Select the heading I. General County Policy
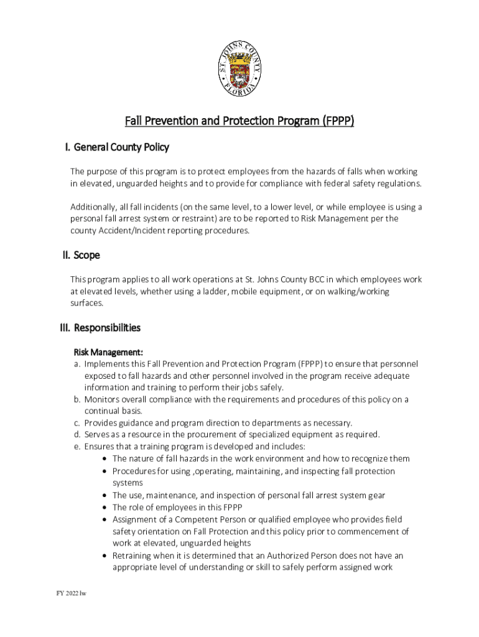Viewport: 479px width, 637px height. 117,148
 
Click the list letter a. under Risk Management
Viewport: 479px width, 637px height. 77,364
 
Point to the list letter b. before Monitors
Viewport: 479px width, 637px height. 77,400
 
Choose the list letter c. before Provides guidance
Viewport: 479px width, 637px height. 77,423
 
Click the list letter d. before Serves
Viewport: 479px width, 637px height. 77,435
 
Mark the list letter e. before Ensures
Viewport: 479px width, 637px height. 77,447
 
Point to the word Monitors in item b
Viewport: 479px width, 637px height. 103,400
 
